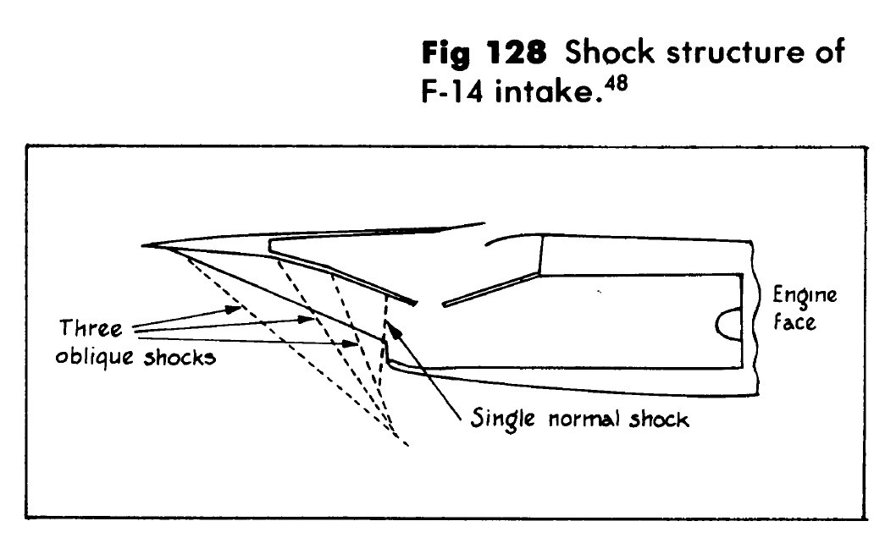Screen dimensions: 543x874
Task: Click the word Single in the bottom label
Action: point(501,420)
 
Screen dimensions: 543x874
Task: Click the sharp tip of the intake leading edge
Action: point(146,246)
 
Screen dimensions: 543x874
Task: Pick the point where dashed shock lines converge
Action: point(394,429)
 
